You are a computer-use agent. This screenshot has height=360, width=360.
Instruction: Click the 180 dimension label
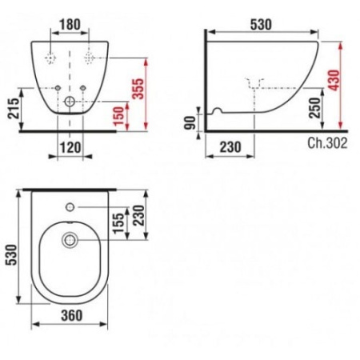pos(70,25)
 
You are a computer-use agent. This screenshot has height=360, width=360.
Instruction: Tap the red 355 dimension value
pos(138,89)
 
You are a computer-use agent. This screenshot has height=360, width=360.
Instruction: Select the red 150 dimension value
pos(118,116)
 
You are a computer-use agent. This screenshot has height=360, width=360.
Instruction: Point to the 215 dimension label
pos(14,108)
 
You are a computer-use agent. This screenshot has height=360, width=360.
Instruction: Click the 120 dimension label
pos(70,147)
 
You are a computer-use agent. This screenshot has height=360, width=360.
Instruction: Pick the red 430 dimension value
pos(334,80)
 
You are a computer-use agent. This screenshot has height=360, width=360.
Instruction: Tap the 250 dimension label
pos(314,108)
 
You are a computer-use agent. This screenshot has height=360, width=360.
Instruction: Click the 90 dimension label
pos(190,123)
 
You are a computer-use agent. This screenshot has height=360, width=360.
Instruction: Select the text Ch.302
pos(327,143)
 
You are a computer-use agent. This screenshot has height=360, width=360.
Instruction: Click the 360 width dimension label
pos(72,315)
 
